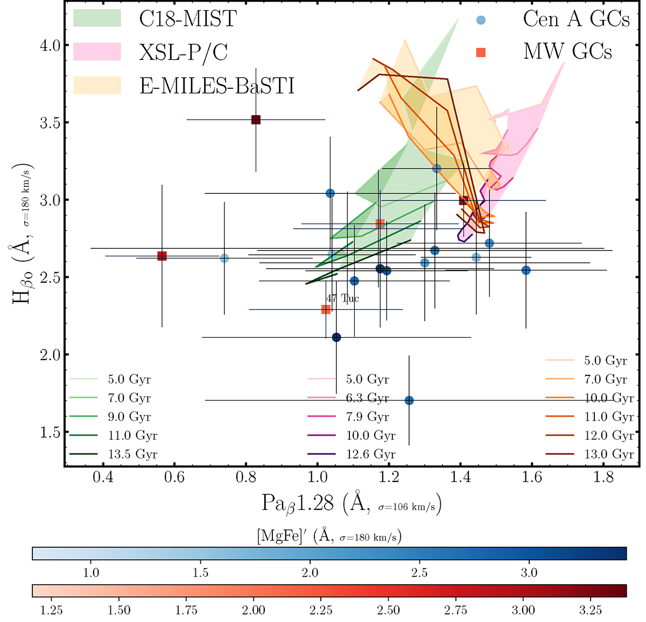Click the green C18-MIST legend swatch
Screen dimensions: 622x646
97,18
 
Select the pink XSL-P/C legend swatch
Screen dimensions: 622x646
97,52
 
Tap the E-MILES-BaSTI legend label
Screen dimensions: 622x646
217,86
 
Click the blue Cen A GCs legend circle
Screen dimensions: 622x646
481,20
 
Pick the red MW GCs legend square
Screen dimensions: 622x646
481,52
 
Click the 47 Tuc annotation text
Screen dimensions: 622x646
342,298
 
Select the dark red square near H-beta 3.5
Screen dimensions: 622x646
256,120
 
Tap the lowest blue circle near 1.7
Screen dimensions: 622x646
409,400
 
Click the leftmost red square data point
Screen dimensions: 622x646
162,256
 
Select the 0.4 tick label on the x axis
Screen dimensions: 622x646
103,478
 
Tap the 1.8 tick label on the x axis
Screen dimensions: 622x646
603,478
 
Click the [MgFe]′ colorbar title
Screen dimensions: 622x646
329,536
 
